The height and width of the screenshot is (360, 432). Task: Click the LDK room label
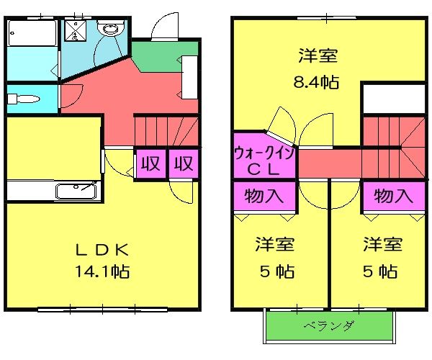coord(102,250)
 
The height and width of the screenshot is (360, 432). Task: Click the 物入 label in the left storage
coord(264,194)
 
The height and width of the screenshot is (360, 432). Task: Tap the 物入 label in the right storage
coord(393,194)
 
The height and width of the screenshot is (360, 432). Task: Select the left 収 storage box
coord(150,163)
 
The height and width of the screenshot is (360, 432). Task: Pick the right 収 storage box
coord(184,163)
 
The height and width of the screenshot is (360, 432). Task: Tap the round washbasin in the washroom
coord(111,30)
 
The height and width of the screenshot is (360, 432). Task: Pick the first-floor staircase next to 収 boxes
coord(166,131)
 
